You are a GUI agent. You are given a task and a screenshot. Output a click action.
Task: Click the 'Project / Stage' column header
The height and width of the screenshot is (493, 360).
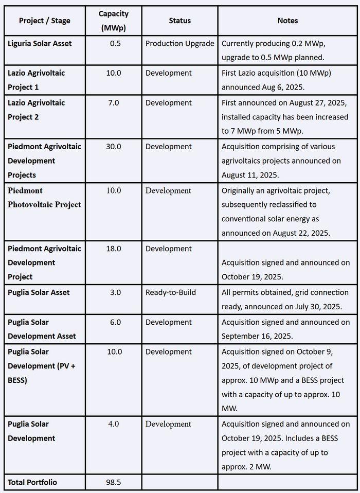pos(44,21)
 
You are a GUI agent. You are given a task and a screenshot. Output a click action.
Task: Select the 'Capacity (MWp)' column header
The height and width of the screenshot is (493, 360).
pos(114,21)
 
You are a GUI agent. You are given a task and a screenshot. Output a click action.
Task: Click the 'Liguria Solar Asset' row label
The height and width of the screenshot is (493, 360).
pos(40,43)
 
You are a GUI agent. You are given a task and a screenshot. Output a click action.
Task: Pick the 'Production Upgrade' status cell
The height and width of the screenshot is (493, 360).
pos(179,43)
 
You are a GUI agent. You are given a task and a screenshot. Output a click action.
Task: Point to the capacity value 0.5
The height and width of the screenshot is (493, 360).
pos(115,43)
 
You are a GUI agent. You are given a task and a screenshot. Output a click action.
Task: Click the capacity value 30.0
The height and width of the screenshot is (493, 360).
pos(114,146)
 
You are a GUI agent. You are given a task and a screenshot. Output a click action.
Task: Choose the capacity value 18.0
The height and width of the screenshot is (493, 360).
pos(114,248)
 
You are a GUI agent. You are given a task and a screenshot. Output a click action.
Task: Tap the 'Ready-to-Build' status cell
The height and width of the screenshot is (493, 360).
pos(170,292)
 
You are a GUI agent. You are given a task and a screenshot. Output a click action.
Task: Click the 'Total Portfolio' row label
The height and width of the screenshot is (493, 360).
pos(32,482)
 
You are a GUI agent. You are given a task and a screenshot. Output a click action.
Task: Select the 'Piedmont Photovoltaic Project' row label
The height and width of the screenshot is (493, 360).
pos(44,197)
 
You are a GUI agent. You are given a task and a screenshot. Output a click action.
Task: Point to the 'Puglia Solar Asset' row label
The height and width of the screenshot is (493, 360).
pos(39,292)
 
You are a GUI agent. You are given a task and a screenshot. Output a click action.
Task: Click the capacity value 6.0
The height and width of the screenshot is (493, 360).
pos(114,322)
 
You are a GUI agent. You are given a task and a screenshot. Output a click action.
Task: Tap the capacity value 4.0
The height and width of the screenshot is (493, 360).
pos(114,424)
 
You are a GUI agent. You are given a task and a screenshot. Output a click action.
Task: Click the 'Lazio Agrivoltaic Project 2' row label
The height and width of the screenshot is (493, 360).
pos(36,110)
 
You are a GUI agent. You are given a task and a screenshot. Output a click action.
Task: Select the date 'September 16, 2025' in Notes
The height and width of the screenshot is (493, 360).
pos(257,336)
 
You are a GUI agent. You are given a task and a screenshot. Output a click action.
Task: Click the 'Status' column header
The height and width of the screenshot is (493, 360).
pos(179,21)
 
